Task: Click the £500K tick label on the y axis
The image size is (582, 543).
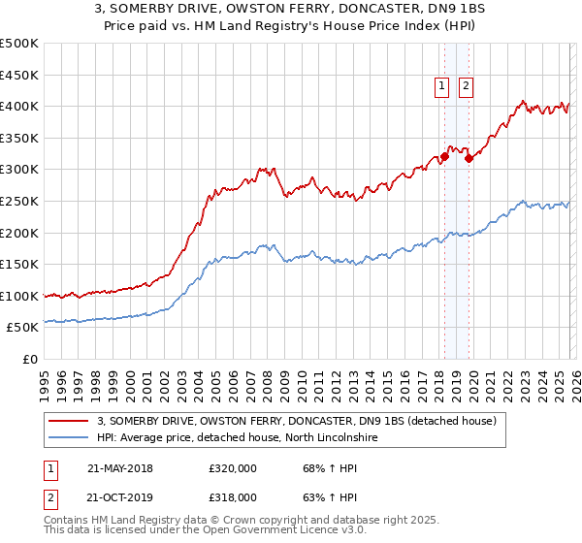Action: click(19, 44)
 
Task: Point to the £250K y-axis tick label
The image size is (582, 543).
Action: click(19, 201)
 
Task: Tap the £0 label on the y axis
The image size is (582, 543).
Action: click(30, 359)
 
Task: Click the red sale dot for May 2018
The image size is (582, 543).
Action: click(444, 156)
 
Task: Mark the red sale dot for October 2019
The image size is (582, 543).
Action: click(469, 158)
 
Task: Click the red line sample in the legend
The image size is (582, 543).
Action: click(69, 421)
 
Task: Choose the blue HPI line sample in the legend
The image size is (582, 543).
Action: click(69, 438)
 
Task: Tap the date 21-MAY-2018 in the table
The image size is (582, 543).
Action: click(119, 468)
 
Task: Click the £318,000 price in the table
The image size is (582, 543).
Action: click(233, 497)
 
